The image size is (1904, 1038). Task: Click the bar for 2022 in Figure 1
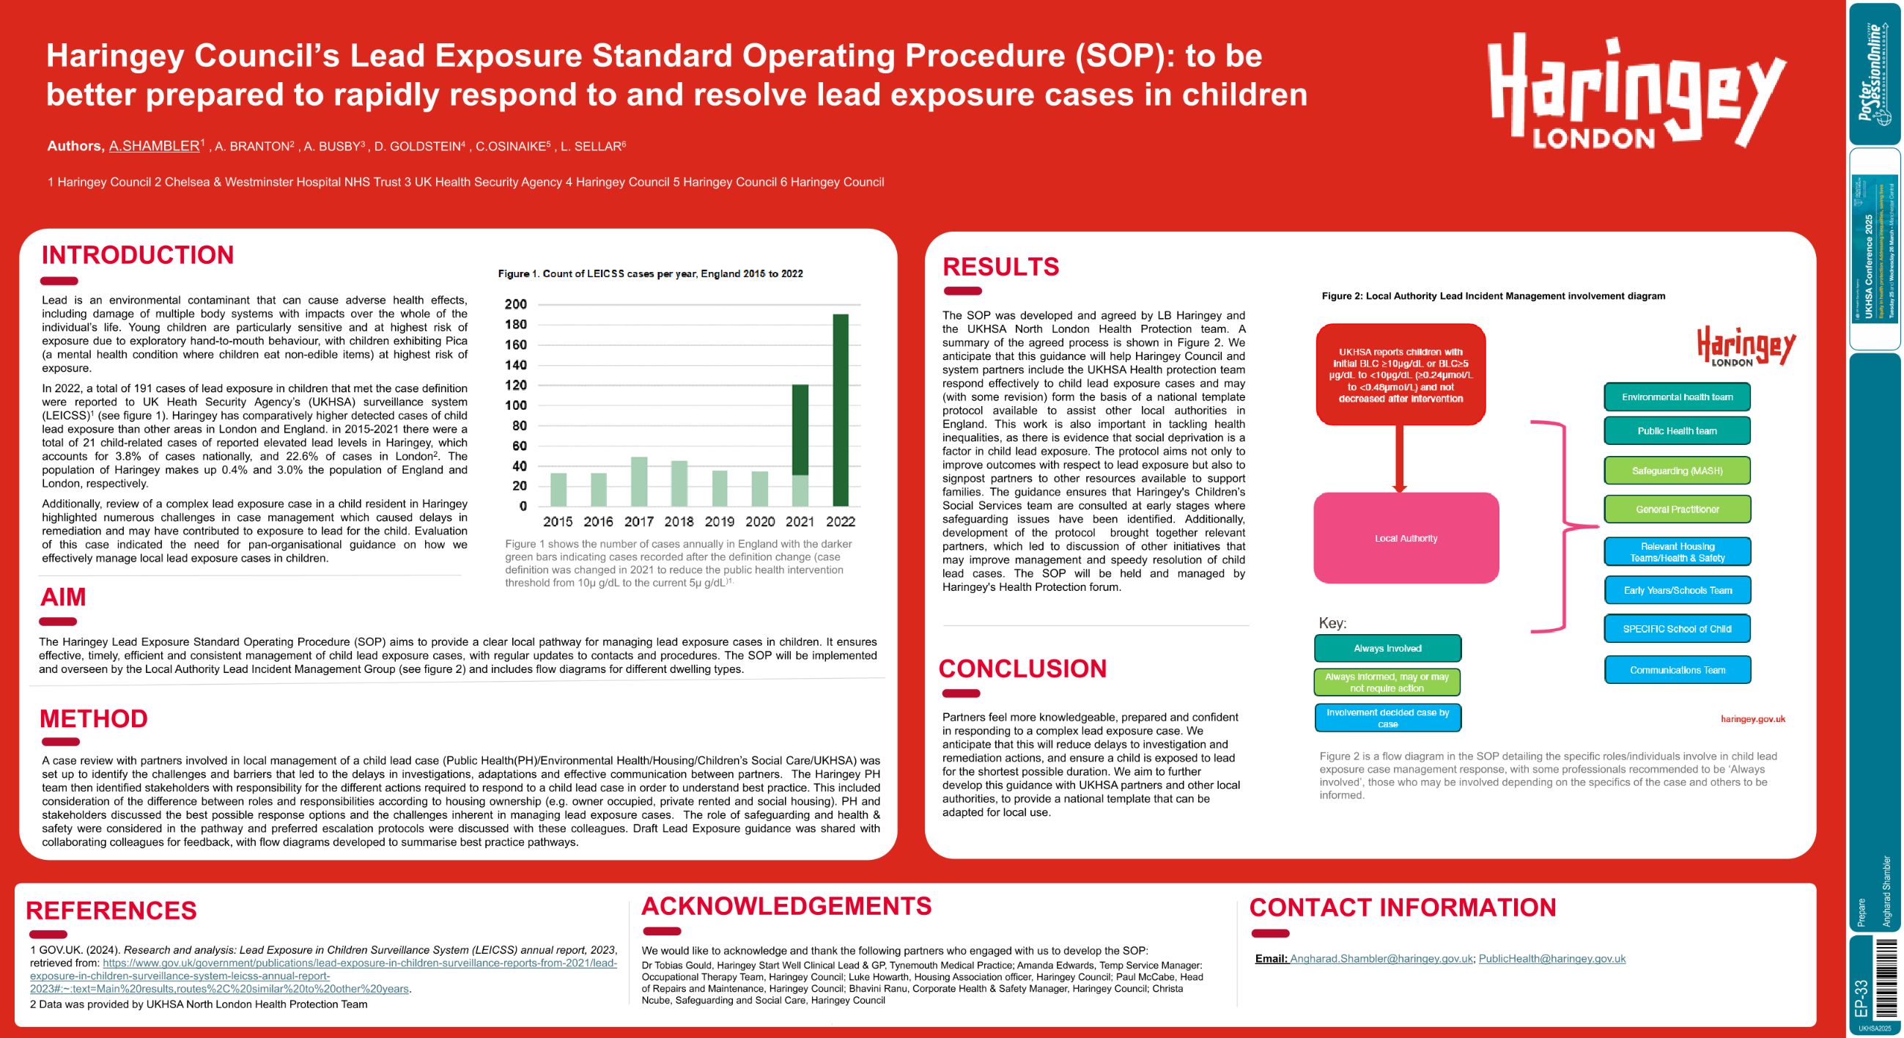pos(841,411)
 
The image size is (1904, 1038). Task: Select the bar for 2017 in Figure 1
pos(638,482)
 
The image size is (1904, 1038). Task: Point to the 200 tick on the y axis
pos(516,305)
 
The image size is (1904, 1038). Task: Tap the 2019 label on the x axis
pos(719,522)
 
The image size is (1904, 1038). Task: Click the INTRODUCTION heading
pos(138,255)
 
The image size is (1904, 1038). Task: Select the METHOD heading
pos(94,718)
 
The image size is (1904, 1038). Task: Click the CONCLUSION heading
pos(1022,669)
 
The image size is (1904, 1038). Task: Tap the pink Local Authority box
pos(1406,538)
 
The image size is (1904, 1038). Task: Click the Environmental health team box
pos(1676,397)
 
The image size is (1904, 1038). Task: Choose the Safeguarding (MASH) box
pos(1676,471)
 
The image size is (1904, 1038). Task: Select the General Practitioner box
pos(1676,509)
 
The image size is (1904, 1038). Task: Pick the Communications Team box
pos(1677,671)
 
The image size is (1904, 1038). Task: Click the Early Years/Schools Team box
pos(1677,591)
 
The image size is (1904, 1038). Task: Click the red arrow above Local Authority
pos(1399,458)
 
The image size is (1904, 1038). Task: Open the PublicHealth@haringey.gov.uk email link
pos(1551,959)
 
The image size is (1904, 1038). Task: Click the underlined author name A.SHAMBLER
pos(154,147)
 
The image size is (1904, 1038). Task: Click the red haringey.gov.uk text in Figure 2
pos(1752,719)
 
